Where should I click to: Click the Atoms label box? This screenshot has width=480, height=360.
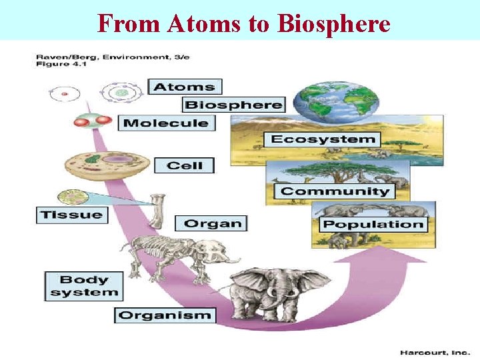point(185,87)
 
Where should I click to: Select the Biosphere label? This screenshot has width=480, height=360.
point(233,105)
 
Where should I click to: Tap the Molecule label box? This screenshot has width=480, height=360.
point(166,123)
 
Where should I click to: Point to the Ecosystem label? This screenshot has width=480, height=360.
point(323,139)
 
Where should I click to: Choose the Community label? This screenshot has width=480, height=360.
point(335,191)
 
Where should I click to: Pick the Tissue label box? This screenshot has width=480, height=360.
point(72,215)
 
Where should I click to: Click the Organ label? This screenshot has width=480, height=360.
point(211,223)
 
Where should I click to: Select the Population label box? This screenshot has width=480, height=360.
point(373,224)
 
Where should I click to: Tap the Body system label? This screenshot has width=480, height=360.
point(83,286)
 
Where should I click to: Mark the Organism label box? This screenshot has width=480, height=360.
point(165,315)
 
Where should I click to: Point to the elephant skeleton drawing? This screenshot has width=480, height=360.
point(177,254)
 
